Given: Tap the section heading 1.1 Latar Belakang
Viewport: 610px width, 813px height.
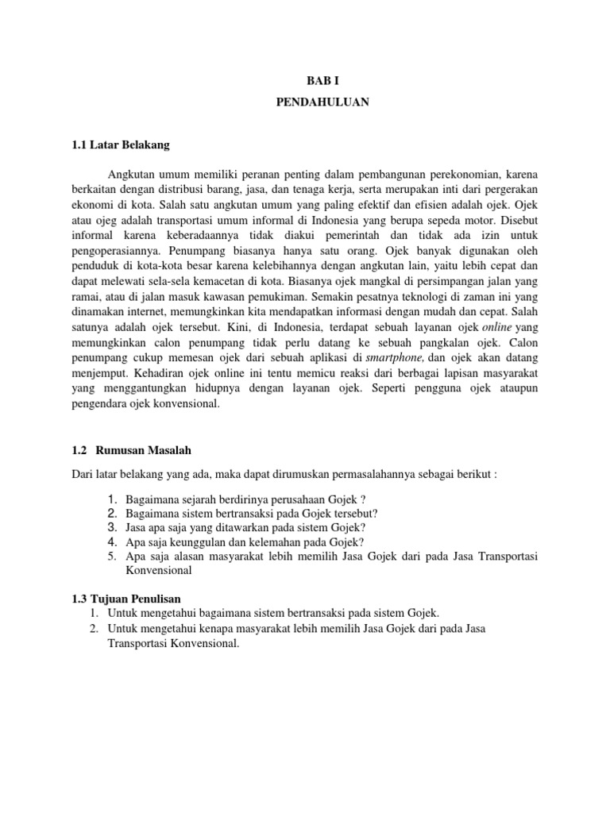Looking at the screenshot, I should coord(121,145).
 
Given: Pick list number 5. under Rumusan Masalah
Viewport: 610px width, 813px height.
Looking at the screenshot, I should coord(112,557).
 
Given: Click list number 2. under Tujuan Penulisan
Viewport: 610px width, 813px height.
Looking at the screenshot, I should coord(94,629).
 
